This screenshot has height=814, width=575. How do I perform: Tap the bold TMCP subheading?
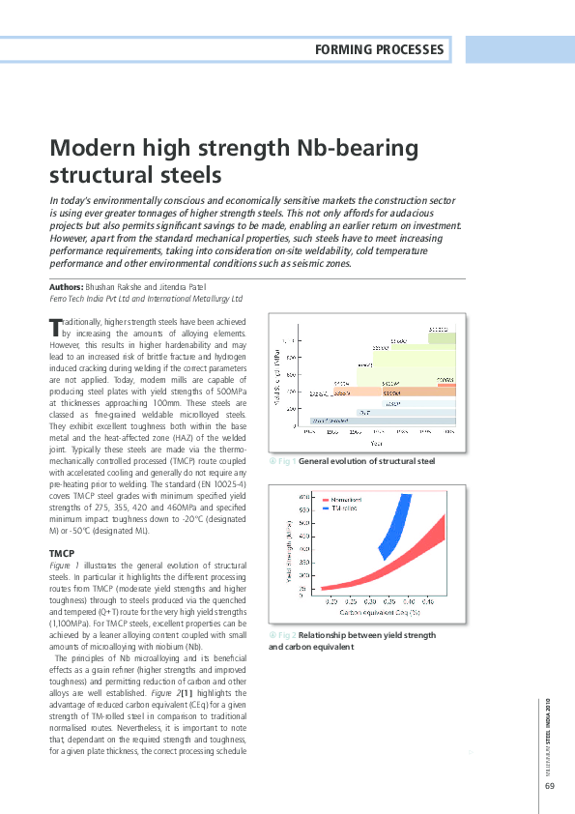click(62, 552)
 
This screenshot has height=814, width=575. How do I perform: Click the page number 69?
click(549, 784)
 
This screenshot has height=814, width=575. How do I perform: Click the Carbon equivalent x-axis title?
click(374, 613)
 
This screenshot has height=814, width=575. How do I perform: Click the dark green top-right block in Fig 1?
click(441, 336)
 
